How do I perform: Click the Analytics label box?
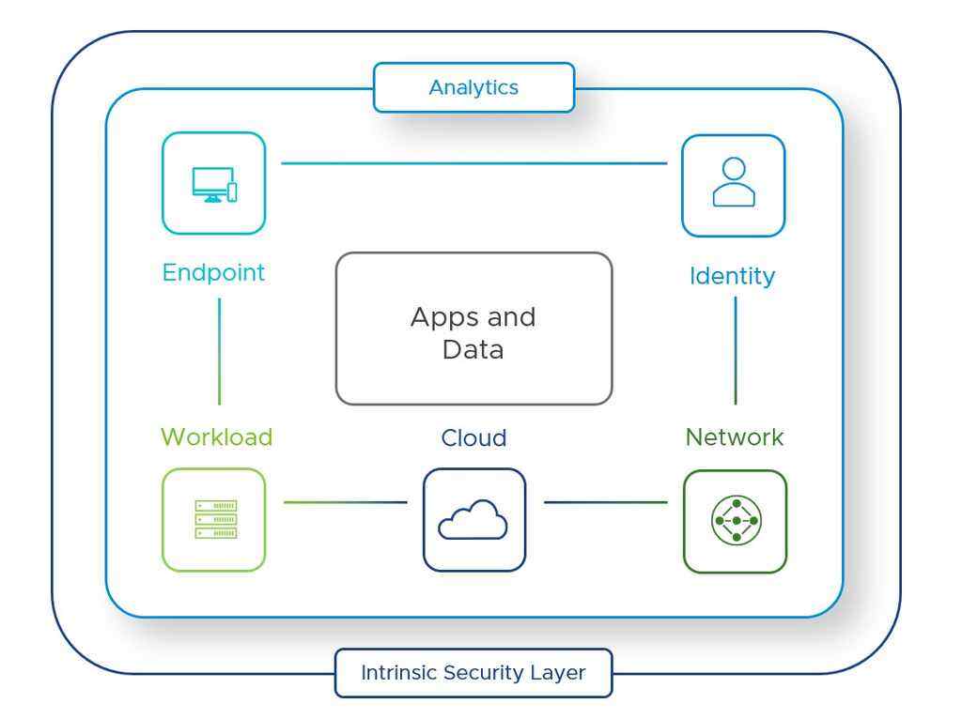pos(473,88)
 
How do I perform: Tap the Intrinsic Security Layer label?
pos(473,673)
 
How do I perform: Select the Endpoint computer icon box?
pos(214,183)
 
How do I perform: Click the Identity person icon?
pos(734,183)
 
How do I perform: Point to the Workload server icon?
pos(215,519)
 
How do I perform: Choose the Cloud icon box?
pos(473,519)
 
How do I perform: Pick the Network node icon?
pos(736,521)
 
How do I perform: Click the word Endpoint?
pos(214,273)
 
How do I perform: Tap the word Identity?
pos(733,277)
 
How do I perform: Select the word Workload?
pos(216,437)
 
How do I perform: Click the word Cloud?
pos(473,438)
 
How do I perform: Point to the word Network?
pos(735,437)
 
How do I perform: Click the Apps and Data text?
pos(473,333)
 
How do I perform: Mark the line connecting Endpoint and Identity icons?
pos(473,163)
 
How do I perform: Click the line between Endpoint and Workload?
pos(220,352)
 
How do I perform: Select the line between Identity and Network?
pos(736,350)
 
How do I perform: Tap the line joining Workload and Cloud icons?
pos(345,502)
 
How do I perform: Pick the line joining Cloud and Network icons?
pos(606,502)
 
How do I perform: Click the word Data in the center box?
pos(473,350)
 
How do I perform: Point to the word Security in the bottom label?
pos(473,673)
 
